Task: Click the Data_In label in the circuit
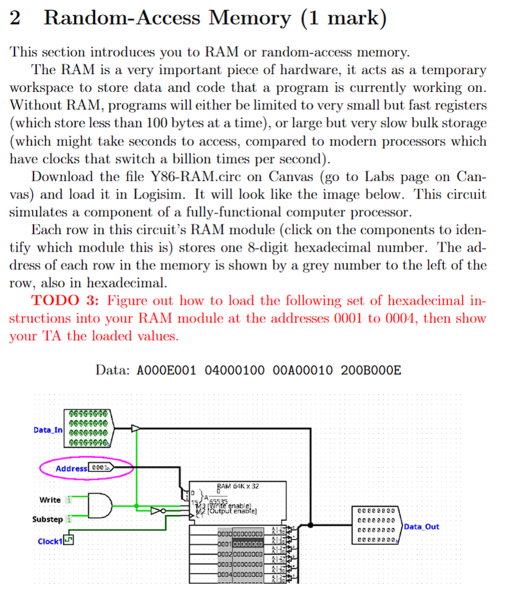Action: tap(48, 430)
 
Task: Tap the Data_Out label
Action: tap(421, 526)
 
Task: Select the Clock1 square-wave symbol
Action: tap(69, 540)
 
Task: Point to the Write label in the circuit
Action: tap(50, 499)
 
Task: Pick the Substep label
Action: tap(48, 519)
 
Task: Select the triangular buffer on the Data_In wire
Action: tap(136, 429)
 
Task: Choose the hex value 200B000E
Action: tap(371, 370)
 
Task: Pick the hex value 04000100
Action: tap(234, 370)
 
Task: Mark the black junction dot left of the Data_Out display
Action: tap(311, 524)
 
